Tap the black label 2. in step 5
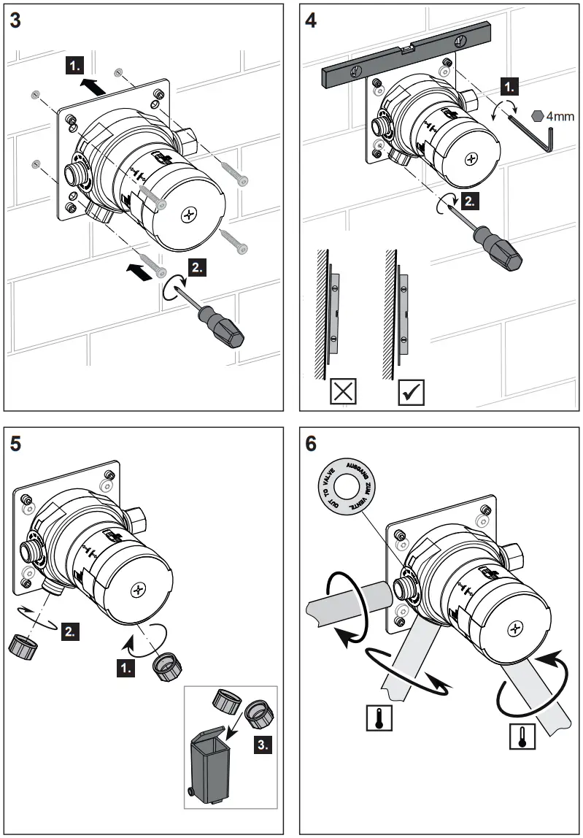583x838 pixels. coord(71,630)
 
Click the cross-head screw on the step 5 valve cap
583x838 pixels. coord(139,588)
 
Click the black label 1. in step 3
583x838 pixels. coord(74,66)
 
